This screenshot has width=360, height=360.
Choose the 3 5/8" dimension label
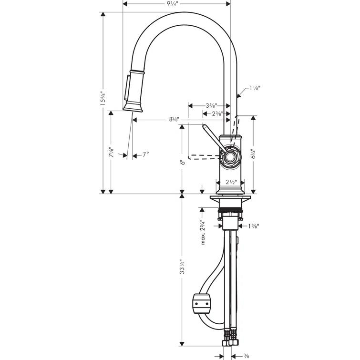(x=210, y=105)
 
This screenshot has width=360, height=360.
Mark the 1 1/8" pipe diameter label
(x=255, y=88)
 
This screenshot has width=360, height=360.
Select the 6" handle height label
(x=182, y=162)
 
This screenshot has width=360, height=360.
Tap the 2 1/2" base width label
(x=230, y=182)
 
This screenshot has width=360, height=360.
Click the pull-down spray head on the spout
(x=134, y=91)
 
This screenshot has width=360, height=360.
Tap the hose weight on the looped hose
(x=201, y=303)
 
